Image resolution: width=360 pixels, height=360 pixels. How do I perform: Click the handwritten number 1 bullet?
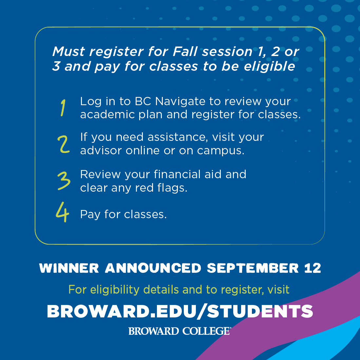(x=63, y=108)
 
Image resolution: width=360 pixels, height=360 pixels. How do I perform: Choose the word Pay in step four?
(x=90, y=215)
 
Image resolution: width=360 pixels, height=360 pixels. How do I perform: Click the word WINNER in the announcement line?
(x=69, y=268)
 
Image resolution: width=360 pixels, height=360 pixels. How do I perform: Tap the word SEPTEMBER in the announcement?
(x=253, y=268)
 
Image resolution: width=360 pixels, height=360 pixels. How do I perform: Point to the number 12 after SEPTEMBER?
(x=312, y=268)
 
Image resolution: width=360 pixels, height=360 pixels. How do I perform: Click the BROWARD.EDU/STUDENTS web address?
(x=180, y=311)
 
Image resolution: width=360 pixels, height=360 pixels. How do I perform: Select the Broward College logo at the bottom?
(x=180, y=331)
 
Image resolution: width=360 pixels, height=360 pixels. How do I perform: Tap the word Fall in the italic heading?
(x=185, y=52)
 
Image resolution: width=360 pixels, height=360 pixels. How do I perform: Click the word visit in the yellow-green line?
(x=278, y=290)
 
